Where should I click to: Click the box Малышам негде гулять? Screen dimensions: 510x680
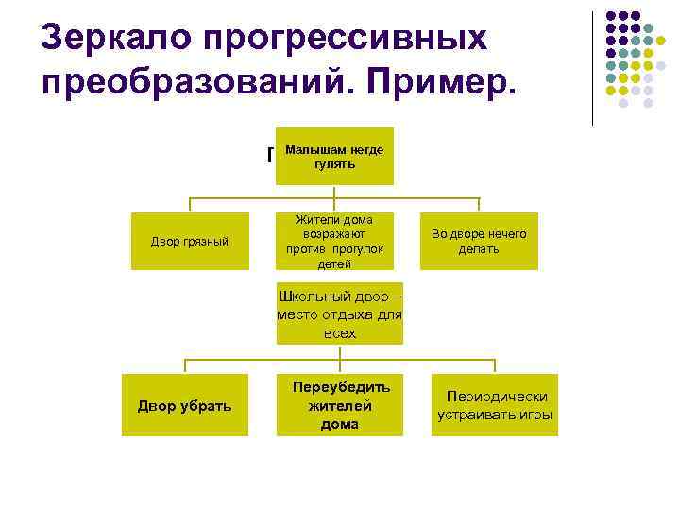334,157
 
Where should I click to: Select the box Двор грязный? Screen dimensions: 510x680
190,242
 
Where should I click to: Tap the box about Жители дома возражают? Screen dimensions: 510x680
334,242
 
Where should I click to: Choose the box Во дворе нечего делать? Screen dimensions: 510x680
479,242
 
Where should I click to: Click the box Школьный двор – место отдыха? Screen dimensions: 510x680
339,312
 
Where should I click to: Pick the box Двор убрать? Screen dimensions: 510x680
185,405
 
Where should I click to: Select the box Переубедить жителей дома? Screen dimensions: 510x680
339,405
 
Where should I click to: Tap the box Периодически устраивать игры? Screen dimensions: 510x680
495,405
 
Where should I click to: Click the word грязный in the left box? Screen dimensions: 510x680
206,242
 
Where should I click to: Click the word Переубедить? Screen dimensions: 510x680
340,387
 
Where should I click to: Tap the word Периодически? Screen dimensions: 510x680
495,397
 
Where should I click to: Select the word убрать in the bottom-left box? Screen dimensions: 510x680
207,405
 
